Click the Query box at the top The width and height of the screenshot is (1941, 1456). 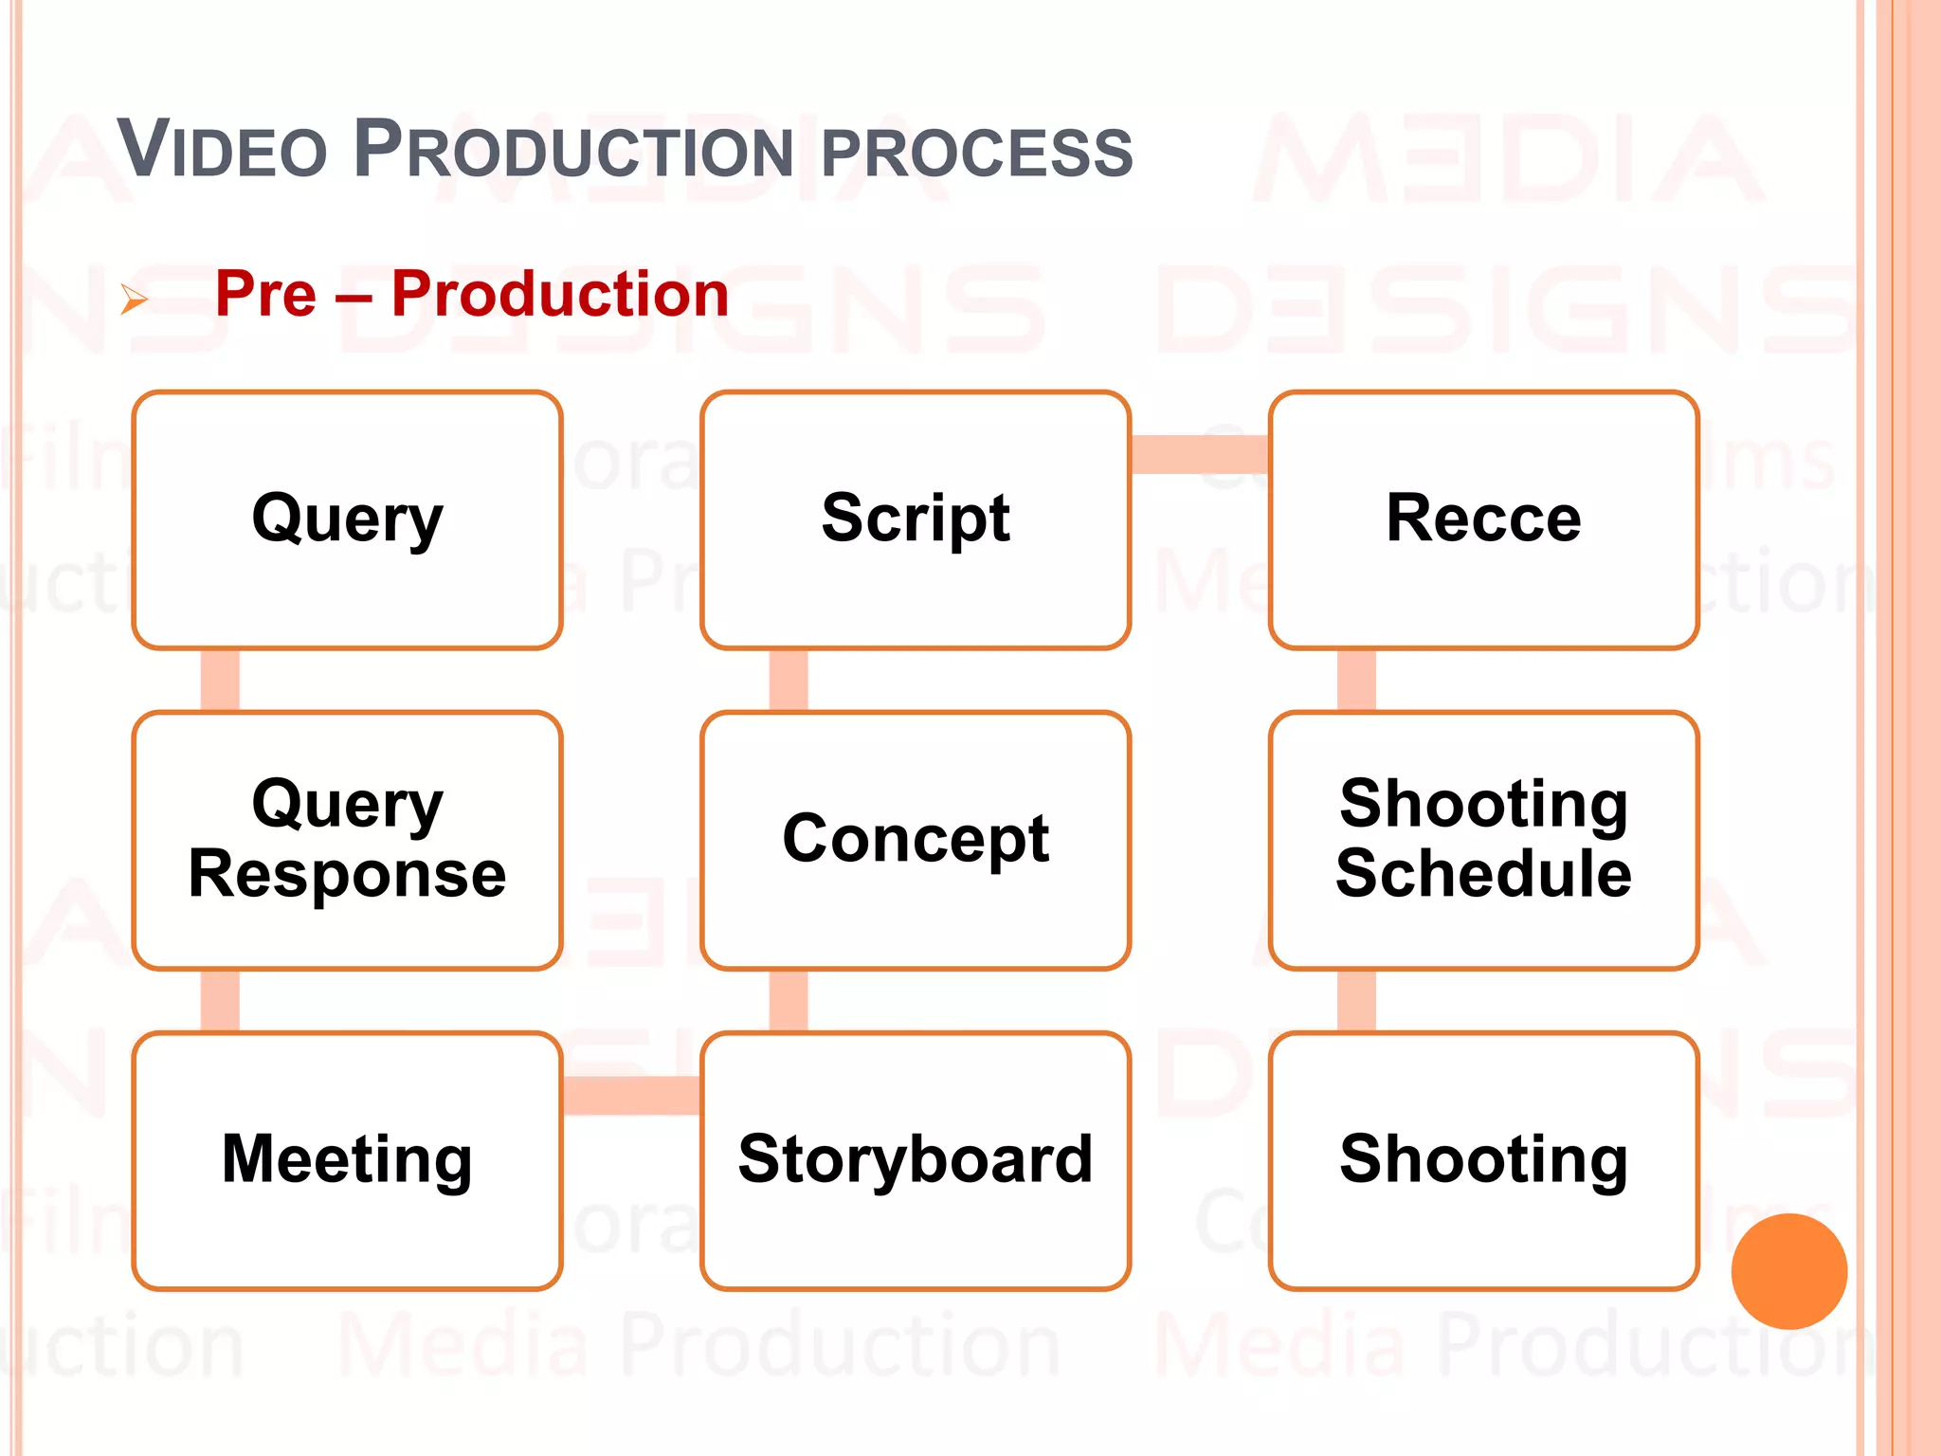pyautogui.click(x=347, y=519)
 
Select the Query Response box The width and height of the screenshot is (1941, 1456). pyautogui.click(x=347, y=840)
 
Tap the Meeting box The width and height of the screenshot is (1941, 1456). pyautogui.click(x=347, y=1160)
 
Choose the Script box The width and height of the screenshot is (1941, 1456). pyautogui.click(x=916, y=519)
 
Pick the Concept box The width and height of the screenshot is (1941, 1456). pyautogui.click(x=916, y=840)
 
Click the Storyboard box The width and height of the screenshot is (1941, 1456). pyautogui.click(x=916, y=1160)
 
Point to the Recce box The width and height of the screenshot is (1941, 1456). pyautogui.click(x=1483, y=519)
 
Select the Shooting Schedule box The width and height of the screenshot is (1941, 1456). pyautogui.click(x=1483, y=840)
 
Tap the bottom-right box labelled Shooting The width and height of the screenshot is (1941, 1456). pyautogui.click(x=1483, y=1160)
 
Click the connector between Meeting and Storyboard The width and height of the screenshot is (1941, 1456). pyautogui.click(x=631, y=1095)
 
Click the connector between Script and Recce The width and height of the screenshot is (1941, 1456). pyautogui.click(x=1200, y=454)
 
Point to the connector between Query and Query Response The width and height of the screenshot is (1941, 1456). pyautogui.click(x=220, y=680)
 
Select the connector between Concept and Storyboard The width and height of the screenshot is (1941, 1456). pyautogui.click(x=789, y=1000)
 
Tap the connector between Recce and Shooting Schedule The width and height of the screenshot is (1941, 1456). pyautogui.click(x=1356, y=680)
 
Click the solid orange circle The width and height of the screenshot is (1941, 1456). pyautogui.click(x=1788, y=1271)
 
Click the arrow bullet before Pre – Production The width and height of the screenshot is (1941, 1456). pyautogui.click(x=135, y=300)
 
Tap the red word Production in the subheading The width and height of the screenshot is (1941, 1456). pyautogui.click(x=559, y=294)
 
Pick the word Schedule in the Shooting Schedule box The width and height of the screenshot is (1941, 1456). pyautogui.click(x=1483, y=874)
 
